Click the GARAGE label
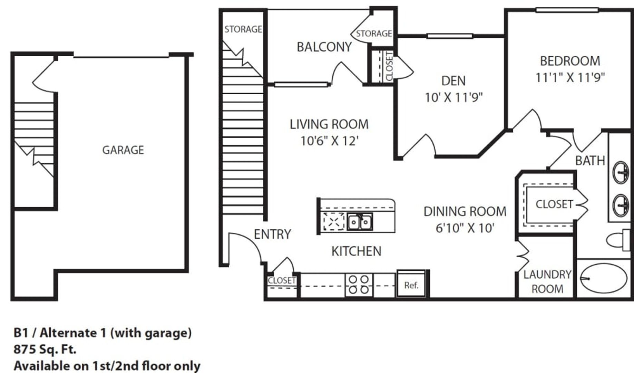click(x=123, y=150)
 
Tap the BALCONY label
click(x=324, y=47)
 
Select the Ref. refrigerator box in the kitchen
click(x=411, y=284)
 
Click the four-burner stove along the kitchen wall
click(x=359, y=285)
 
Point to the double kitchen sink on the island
click(x=360, y=222)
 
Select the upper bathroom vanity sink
click(x=621, y=172)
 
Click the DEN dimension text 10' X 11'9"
click(x=453, y=98)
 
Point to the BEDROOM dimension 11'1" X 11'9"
click(x=570, y=77)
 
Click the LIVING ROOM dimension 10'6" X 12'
click(x=329, y=141)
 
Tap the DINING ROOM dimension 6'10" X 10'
click(x=465, y=228)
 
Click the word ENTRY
click(x=272, y=234)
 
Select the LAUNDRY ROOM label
click(x=547, y=281)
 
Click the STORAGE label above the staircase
click(x=243, y=29)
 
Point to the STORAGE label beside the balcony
click(x=374, y=34)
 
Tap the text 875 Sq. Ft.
click(x=45, y=350)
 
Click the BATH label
click(x=590, y=161)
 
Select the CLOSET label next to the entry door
click(x=282, y=280)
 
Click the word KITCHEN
click(x=356, y=251)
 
